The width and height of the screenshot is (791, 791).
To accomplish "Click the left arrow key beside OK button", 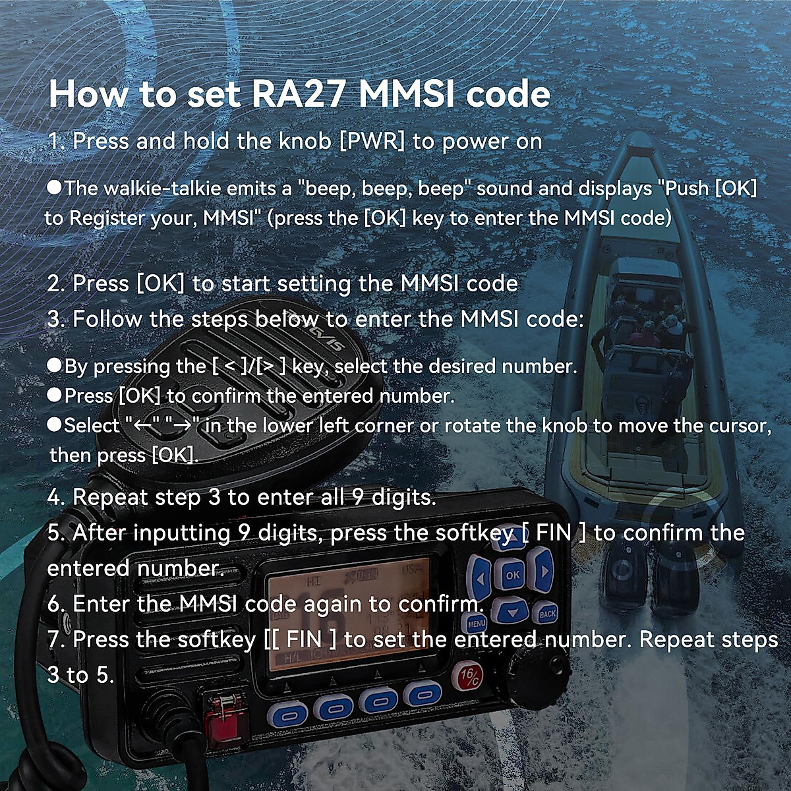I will (479, 579).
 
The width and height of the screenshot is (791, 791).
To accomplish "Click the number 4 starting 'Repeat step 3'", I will (55, 497).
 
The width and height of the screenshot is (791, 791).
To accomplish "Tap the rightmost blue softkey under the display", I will (423, 693).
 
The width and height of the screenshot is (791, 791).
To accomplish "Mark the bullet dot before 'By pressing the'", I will (55, 365).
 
